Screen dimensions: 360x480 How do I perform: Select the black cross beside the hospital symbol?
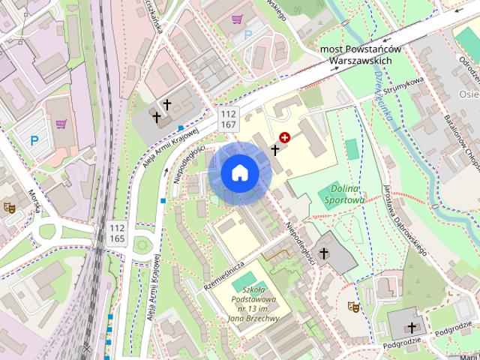[274, 150]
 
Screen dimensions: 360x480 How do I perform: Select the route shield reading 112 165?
[117, 232]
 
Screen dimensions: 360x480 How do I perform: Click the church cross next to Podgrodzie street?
[412, 328]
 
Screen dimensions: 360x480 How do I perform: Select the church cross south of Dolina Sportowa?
[324, 254]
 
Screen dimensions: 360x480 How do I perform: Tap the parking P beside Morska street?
[34, 140]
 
